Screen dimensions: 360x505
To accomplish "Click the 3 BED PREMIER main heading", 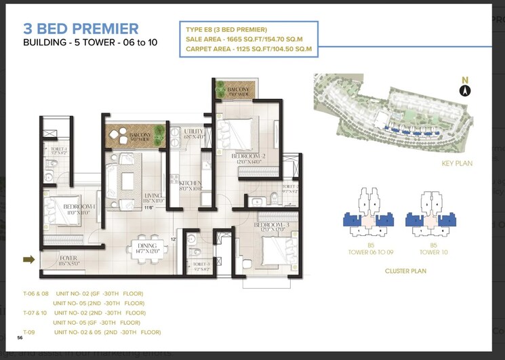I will [x=81, y=28].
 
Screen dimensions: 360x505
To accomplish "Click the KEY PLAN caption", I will [x=456, y=163].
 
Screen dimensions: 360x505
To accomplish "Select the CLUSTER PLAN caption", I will [x=405, y=270].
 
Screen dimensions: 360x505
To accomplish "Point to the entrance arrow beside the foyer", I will [x=28, y=258].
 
